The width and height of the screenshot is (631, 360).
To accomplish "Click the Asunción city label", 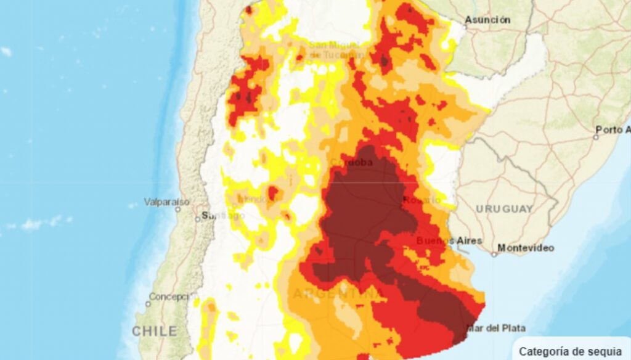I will click(x=487, y=20).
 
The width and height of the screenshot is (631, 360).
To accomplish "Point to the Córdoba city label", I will click(x=352, y=162).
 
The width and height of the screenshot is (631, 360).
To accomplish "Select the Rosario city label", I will click(x=422, y=200).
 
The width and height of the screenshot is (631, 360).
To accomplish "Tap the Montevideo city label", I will click(x=526, y=248).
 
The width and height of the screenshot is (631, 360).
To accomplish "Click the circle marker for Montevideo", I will click(x=494, y=253).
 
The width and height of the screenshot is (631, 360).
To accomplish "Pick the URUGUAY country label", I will click(x=504, y=209).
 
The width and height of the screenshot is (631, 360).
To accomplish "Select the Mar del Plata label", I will click(x=496, y=328).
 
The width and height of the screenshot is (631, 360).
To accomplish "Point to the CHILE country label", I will click(x=155, y=331).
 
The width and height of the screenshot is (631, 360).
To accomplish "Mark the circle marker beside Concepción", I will click(x=148, y=304).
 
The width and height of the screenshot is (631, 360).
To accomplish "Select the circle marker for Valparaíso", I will click(x=178, y=209).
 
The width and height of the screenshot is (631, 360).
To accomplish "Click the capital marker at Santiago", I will click(x=198, y=218).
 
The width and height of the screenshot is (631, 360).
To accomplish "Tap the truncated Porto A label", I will click(x=613, y=129).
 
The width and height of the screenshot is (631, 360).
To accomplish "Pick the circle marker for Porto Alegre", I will click(x=596, y=137).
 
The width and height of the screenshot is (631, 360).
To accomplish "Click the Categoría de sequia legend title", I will click(x=570, y=351).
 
